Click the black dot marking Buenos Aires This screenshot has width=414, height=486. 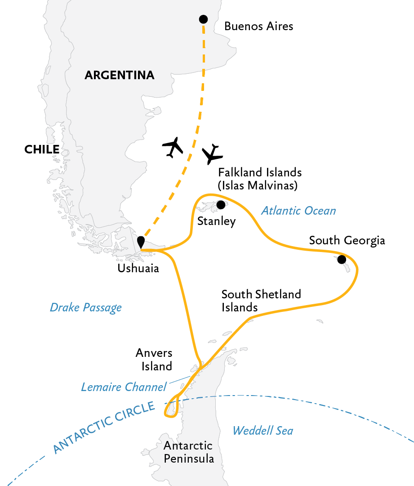tap(203, 19)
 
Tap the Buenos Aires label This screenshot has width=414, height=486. tap(258, 26)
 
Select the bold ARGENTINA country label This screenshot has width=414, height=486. tap(120, 75)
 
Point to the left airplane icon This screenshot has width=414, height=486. tap(173, 147)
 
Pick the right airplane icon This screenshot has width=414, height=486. tap(212, 154)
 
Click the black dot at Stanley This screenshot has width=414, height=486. tap(221, 205)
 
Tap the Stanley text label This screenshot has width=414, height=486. tap(216, 221)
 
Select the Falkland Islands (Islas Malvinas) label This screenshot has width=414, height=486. tap(259, 179)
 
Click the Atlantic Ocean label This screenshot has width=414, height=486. tap(298, 211)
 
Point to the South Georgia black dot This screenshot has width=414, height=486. tap(342, 259)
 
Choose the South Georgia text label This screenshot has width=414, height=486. tap(347, 240)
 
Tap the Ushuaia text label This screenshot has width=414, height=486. tap(138, 269)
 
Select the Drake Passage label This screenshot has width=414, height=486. tap(85, 308)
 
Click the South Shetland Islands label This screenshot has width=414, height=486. tap(261, 301)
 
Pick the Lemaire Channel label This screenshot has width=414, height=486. tap(124, 387)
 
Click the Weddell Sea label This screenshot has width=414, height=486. tap(263, 431)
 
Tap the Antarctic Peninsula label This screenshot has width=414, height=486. tap(188, 452)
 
